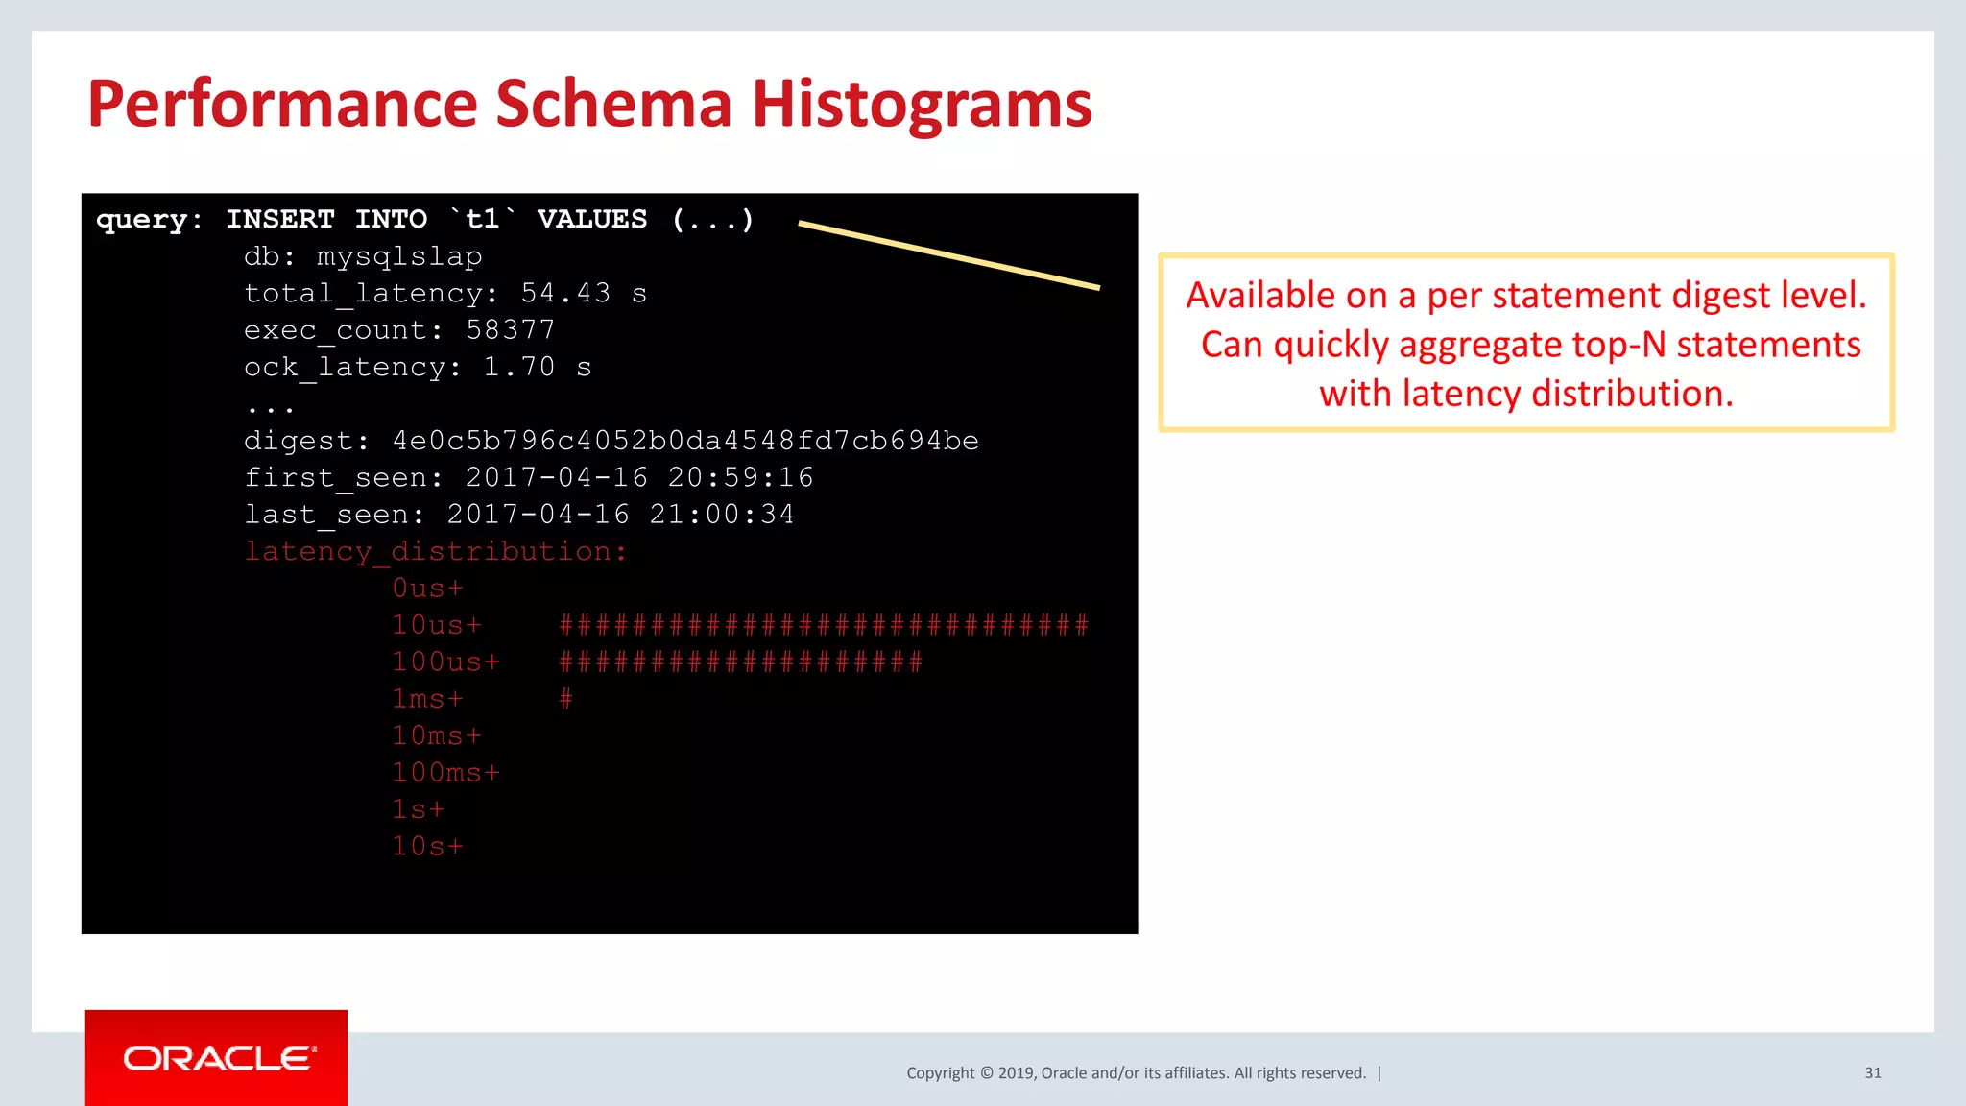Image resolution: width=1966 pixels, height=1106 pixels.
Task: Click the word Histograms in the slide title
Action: tap(922, 104)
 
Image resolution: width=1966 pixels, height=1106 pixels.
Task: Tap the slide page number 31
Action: tap(1872, 1072)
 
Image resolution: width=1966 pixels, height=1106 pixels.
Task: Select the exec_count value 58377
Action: tap(510, 330)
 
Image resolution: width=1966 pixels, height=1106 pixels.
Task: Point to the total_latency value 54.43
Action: tap(565, 293)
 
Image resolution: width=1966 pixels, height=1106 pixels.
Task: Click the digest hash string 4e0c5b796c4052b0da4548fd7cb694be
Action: tap(685, 441)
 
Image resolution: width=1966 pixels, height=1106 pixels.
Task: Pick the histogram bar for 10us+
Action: tap(824, 626)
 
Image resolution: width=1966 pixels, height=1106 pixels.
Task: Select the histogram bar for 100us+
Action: tap(740, 662)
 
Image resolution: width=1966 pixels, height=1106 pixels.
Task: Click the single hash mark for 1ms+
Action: tap(566, 699)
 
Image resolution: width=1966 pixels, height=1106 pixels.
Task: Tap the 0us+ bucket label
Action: tap(427, 589)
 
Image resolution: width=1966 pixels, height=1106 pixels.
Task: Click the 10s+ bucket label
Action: tap(427, 847)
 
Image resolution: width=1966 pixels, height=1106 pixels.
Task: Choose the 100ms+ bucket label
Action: tap(445, 773)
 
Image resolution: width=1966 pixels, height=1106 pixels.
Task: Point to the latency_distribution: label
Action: tap(435, 552)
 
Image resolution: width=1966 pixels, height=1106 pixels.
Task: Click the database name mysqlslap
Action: tap(399, 256)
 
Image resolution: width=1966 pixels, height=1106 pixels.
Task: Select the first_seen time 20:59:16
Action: tap(740, 477)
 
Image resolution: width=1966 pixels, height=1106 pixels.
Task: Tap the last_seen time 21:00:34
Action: tap(721, 515)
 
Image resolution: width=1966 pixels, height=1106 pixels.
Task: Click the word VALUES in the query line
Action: tap(592, 220)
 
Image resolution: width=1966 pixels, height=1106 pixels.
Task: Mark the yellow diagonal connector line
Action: tap(948, 254)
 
